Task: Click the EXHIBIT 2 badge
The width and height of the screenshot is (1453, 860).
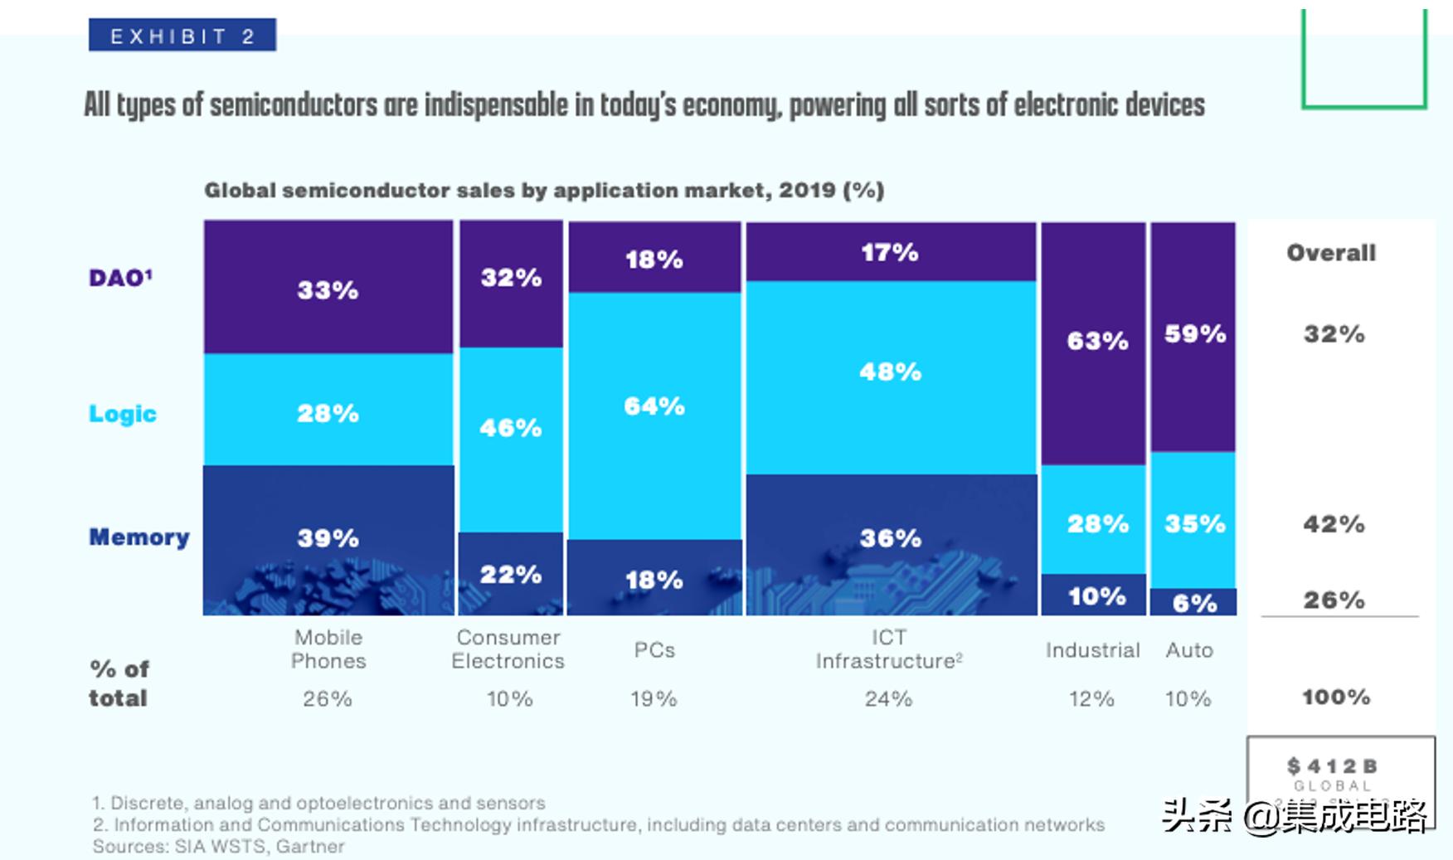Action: (182, 36)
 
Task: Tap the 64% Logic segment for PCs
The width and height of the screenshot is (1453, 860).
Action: (654, 415)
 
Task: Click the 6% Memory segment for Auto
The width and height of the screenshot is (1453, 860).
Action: (1193, 602)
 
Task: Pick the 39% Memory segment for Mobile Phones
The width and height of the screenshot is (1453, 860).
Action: (328, 538)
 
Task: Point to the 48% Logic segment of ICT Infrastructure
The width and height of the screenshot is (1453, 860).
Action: (890, 377)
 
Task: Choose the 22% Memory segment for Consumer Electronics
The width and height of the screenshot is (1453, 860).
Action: (511, 574)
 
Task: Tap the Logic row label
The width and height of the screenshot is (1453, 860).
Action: (123, 414)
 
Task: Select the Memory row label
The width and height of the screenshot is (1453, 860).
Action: (138, 537)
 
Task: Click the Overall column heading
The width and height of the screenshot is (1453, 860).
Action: (1330, 253)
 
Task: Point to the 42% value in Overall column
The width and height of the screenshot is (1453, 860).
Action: (1333, 524)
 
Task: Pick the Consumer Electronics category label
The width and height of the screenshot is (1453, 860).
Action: (508, 649)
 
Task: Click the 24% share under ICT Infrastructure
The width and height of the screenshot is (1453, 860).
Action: (888, 699)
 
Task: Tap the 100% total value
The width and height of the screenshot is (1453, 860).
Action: (1335, 697)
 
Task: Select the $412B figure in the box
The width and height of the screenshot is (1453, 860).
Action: (1331, 766)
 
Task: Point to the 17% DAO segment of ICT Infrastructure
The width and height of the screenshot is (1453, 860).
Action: (890, 252)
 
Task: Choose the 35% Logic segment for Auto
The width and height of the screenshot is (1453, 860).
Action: (1193, 524)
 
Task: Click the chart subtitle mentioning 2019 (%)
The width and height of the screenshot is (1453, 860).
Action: (544, 191)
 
